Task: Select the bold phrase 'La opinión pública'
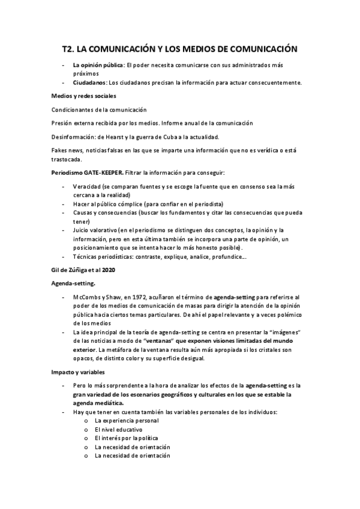[98, 64]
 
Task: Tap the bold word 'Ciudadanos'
[90, 82]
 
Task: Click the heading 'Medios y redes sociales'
[84, 96]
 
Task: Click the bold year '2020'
[108, 270]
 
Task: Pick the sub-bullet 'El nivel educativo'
[119, 429]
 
